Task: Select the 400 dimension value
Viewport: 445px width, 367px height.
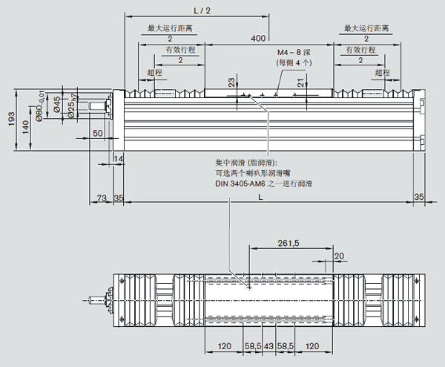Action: [258, 37]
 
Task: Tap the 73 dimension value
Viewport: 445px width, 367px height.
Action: [102, 197]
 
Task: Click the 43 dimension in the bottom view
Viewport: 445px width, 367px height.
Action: [269, 346]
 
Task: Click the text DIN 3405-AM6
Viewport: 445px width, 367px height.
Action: [234, 183]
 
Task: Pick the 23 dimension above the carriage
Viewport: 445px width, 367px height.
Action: [231, 83]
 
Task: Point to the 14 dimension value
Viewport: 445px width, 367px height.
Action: [118, 159]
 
